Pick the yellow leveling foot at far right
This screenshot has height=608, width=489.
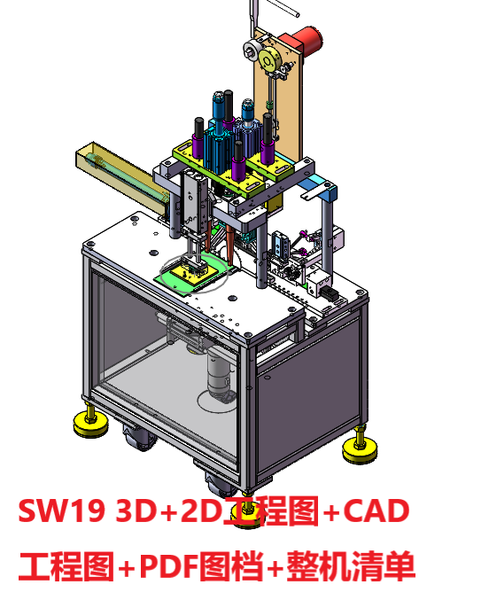coord(361,449)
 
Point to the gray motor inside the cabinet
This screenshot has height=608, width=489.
coord(217,373)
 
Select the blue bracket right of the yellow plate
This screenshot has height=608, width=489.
coord(318,188)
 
